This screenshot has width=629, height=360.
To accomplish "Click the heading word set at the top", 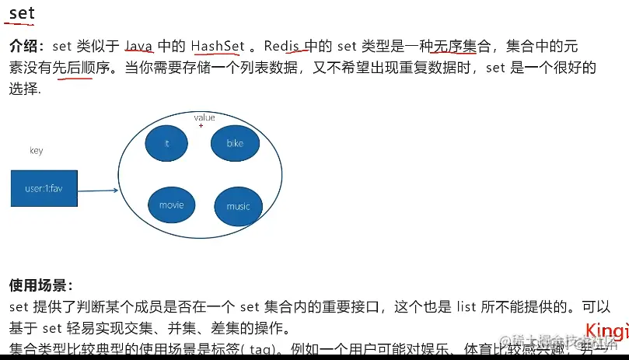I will [22, 13].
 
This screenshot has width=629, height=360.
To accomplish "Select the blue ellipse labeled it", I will [167, 143].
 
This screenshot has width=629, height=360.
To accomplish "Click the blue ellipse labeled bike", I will [235, 143].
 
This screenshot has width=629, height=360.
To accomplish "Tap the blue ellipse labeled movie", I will [171, 205].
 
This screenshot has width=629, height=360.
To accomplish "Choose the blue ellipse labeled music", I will [239, 206].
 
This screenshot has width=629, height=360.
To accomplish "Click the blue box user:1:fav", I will [44, 188].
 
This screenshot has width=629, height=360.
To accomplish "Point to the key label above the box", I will [36, 151].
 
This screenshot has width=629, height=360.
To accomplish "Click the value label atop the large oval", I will [204, 117].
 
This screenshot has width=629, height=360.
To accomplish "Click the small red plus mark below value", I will [201, 125].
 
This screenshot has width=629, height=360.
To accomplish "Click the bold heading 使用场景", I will [40, 285].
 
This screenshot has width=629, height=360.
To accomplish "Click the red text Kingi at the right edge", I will [606, 330].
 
